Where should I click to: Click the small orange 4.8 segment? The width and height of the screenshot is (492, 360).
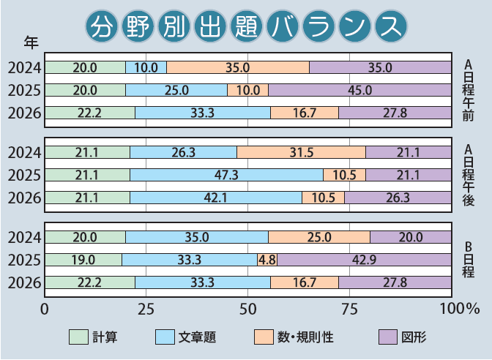267,260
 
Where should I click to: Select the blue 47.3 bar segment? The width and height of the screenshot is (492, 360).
226,175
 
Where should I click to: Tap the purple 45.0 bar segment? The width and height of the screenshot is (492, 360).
360,90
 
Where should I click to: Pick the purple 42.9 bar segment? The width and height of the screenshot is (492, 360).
365,260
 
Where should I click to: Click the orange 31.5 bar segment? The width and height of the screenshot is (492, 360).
301,152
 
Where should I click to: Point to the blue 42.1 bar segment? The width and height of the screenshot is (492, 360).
216,198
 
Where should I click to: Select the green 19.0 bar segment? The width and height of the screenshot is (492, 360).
83,260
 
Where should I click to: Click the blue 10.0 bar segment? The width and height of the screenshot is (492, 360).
146,68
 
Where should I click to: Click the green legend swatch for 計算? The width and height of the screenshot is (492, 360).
78,337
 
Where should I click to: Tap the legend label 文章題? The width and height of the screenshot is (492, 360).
197,337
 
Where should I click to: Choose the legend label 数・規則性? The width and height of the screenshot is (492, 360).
305,337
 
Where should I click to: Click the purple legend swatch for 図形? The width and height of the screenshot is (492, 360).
388,337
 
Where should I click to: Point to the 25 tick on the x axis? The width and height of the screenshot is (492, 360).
146,310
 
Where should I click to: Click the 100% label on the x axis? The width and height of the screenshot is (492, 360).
460,310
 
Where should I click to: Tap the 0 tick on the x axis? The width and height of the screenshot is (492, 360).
45,310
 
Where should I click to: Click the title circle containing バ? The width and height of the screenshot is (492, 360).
283,26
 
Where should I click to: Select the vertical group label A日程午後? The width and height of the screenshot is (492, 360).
468,175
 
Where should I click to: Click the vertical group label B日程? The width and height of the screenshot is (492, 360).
468,260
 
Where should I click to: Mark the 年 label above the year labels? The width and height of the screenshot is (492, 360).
31,42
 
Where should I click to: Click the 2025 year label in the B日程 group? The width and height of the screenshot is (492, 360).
24,260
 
